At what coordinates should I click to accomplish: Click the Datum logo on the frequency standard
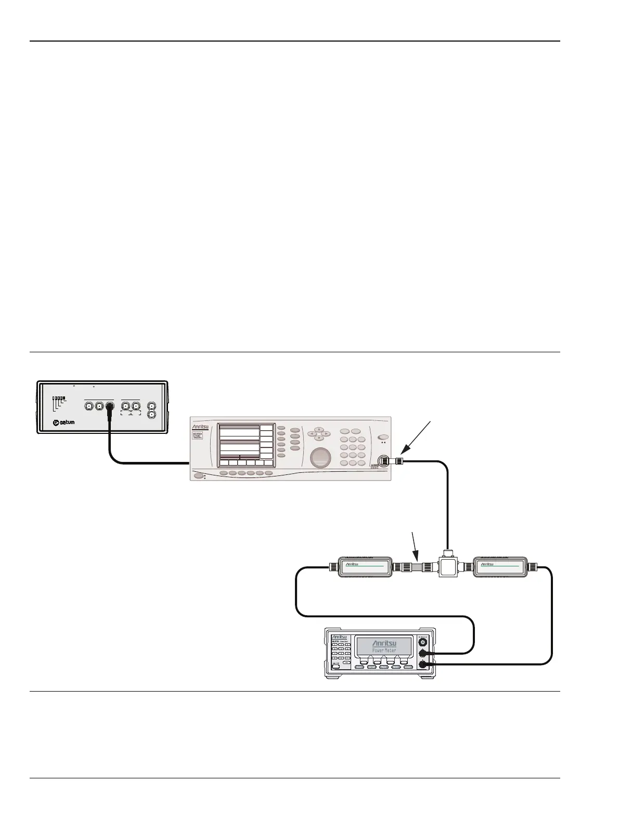[x=65, y=422]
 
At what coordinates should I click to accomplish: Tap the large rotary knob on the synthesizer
[x=320, y=457]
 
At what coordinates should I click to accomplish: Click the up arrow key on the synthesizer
[x=319, y=430]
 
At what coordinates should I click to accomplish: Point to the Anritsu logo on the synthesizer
[x=201, y=427]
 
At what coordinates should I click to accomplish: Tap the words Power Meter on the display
[x=384, y=650]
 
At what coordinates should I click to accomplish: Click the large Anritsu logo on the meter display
[x=384, y=643]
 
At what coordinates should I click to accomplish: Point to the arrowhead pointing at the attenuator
[x=418, y=558]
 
